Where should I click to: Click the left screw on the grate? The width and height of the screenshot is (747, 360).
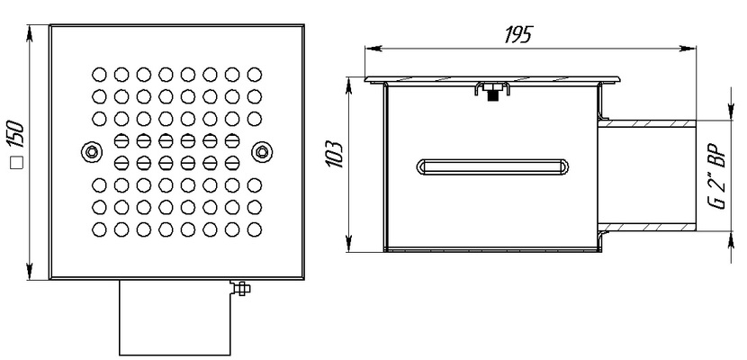pyautogui.click(x=87, y=150)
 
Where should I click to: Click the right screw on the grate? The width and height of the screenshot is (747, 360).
pyautogui.click(x=261, y=150)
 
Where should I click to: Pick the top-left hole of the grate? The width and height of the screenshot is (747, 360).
pyautogui.click(x=98, y=72)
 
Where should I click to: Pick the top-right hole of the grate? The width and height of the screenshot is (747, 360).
pyautogui.click(x=252, y=72)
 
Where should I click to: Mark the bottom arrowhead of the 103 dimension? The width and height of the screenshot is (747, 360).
pyautogui.click(x=346, y=248)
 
